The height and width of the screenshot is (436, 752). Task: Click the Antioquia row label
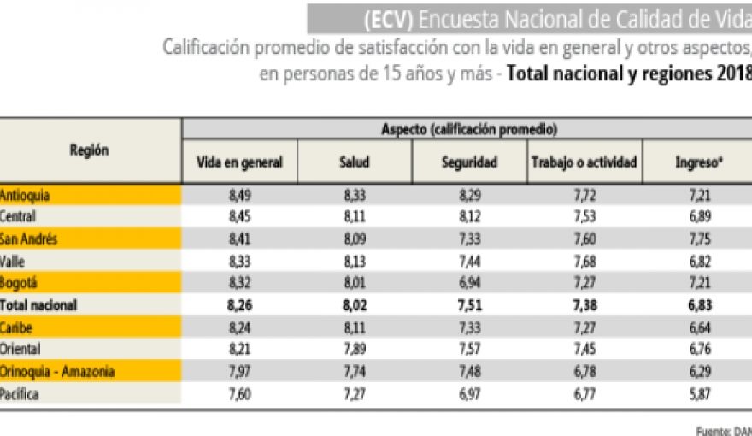coord(26,195)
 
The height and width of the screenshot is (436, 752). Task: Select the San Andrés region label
coord(29,239)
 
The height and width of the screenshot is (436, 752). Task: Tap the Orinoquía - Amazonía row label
coord(57,371)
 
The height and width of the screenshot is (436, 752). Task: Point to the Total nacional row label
coord(38,305)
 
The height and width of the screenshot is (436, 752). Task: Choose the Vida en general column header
coord(239,162)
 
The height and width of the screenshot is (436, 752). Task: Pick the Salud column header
coord(354,162)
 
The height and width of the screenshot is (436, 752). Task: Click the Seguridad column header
coord(469,162)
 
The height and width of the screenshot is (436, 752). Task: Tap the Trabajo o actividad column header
coord(584,162)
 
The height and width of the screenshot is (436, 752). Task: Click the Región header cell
coord(90,150)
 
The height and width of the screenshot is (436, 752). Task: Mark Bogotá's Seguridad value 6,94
coord(469,283)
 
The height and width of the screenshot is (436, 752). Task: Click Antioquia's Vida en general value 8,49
coord(239,195)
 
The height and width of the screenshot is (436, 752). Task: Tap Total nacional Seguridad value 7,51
coord(469,305)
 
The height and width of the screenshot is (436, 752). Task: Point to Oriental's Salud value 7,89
coord(354,349)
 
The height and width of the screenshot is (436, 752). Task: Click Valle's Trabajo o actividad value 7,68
coord(584,261)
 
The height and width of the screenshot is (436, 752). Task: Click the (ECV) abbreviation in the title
coord(388,17)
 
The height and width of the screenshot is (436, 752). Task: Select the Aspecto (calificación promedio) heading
coord(469,129)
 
